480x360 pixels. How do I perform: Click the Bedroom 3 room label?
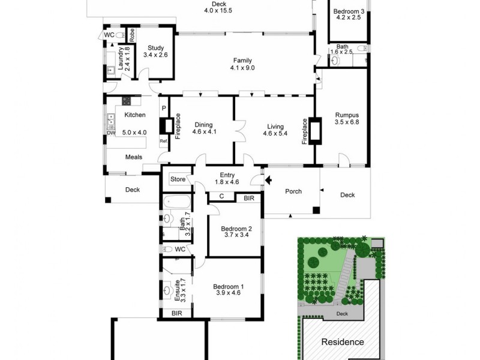(x=349, y=14)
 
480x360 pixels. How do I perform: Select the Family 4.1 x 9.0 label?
(x=242, y=64)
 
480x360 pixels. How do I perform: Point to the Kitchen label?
(x=134, y=115)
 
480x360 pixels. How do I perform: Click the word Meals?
(x=134, y=157)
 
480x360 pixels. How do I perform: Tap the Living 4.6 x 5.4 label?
(x=275, y=130)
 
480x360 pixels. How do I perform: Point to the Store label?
(x=178, y=179)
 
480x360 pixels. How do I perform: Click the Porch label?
(x=293, y=192)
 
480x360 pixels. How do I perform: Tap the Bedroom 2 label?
(x=235, y=231)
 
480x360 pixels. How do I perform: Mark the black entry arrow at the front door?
(x=269, y=179)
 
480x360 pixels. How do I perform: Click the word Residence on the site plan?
(x=343, y=342)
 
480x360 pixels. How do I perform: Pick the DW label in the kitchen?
(x=111, y=133)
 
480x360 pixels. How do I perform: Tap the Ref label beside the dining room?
(x=163, y=142)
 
